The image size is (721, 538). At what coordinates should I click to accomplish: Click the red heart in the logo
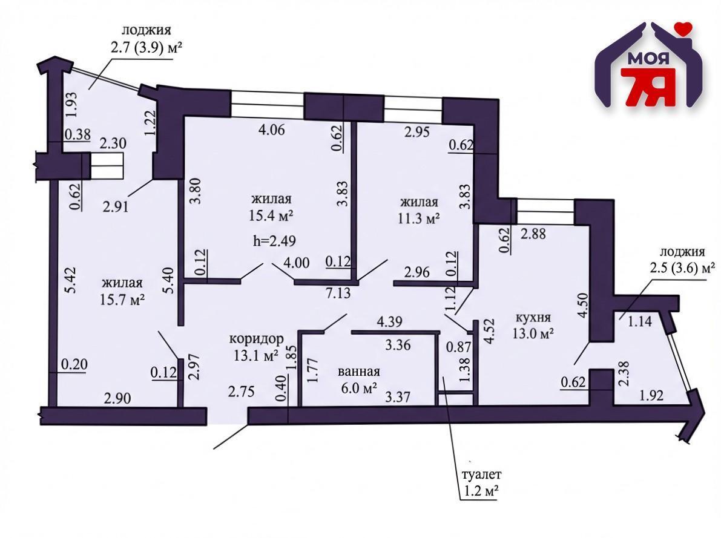[x=684, y=27]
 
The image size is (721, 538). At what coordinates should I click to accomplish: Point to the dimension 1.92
[x=653, y=397]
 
